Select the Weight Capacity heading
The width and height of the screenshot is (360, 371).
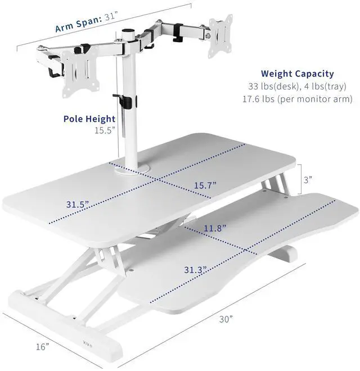click(297, 74)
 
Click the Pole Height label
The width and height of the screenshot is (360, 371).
click(89, 119)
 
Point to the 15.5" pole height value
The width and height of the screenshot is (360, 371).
click(105, 130)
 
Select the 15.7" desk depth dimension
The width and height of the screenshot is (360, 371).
click(205, 184)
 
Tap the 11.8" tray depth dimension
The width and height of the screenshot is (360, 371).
click(214, 229)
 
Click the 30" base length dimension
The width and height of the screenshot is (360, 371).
click(226, 319)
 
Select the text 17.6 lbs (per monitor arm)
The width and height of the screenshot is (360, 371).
click(297, 99)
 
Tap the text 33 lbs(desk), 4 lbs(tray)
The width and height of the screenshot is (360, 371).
click(297, 87)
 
